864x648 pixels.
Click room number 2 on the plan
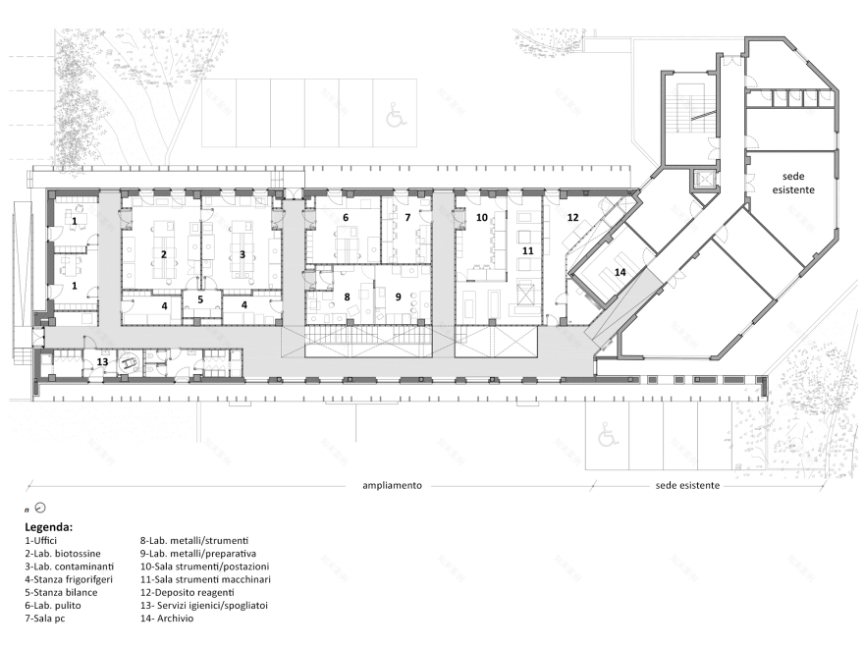point(164,254)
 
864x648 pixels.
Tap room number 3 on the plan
point(242,254)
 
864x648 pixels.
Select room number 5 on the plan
point(200,299)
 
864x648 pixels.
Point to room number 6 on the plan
point(346,218)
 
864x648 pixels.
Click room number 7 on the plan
point(407,218)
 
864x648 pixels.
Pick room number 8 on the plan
point(347,297)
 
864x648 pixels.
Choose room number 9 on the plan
point(399,297)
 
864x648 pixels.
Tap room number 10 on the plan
point(482,218)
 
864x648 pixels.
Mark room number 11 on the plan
point(528,250)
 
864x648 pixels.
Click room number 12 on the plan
point(573,218)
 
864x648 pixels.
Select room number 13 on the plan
point(102,362)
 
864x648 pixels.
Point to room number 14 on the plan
point(621,272)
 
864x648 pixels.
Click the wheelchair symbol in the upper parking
point(394,116)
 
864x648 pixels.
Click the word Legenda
point(48,527)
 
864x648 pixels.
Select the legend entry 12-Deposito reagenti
point(187,592)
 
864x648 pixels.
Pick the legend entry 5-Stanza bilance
point(61,592)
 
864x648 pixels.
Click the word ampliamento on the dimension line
point(393,485)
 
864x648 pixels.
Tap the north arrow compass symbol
point(39,508)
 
